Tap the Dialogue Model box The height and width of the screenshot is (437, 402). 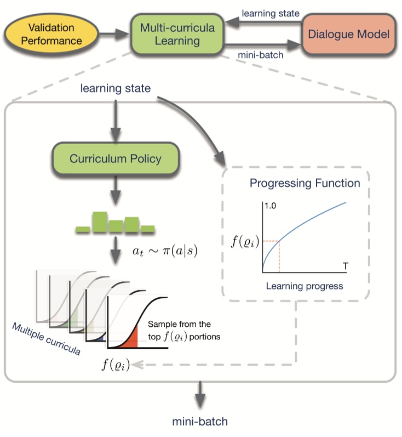[348, 34]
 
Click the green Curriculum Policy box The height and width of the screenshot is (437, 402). [115, 159]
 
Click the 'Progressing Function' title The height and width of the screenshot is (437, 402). [305, 183]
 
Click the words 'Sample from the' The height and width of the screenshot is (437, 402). [180, 325]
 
